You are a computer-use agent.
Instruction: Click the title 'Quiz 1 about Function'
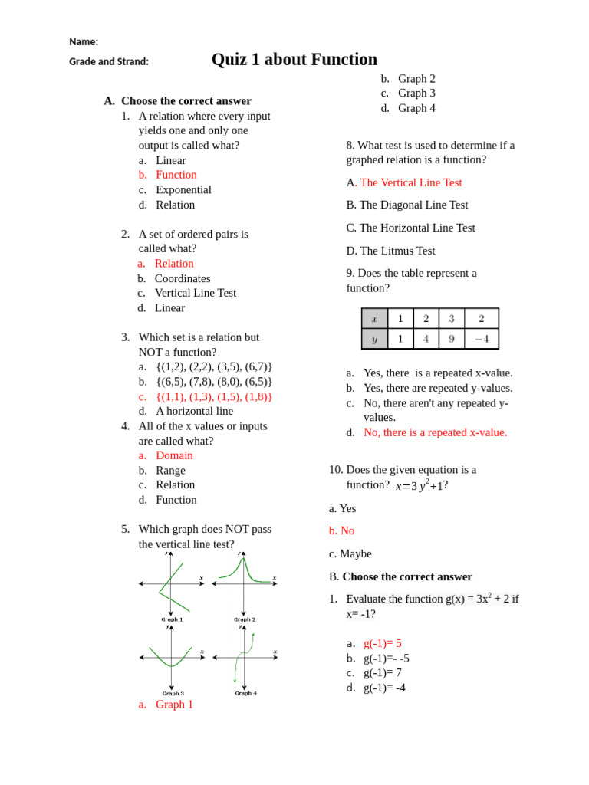click(x=294, y=60)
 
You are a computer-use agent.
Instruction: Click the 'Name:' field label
click(x=84, y=41)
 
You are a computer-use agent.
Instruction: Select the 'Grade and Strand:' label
click(x=109, y=61)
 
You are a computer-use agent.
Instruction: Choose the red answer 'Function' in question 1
click(x=176, y=175)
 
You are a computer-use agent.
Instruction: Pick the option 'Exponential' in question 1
click(x=183, y=189)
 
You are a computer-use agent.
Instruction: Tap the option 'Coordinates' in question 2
click(x=182, y=278)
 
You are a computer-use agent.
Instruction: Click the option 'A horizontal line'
click(x=194, y=411)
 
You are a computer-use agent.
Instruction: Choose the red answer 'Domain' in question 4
click(x=174, y=455)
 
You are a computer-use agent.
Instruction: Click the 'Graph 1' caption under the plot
click(x=171, y=619)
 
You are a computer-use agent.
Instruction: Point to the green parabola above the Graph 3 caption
click(x=171, y=658)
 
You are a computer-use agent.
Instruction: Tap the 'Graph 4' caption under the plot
click(x=245, y=693)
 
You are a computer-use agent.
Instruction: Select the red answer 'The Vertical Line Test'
click(x=410, y=182)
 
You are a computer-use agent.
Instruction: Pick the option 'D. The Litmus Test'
click(x=390, y=251)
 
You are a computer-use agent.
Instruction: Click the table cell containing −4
click(x=482, y=338)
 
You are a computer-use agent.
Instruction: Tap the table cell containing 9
click(x=451, y=338)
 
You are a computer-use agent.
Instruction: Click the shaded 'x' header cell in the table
click(x=374, y=318)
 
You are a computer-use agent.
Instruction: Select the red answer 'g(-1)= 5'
click(x=382, y=643)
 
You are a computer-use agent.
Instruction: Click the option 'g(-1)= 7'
click(x=382, y=672)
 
